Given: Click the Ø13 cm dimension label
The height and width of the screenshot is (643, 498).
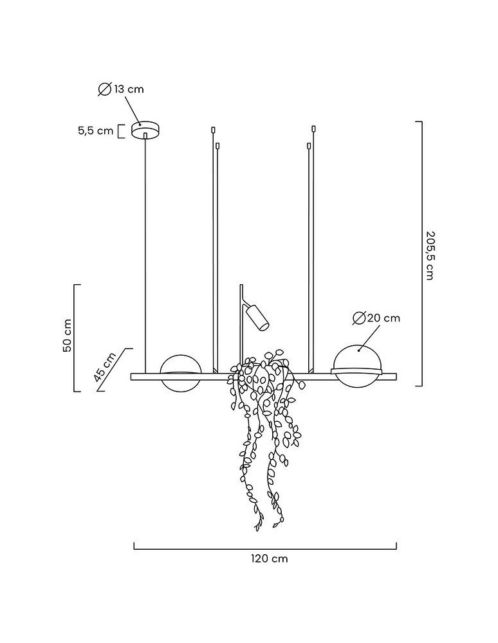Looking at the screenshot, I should [x=121, y=89].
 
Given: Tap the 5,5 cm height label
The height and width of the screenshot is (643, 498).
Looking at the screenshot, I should [x=95, y=131].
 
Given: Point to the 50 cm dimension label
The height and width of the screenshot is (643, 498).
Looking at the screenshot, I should [x=66, y=336].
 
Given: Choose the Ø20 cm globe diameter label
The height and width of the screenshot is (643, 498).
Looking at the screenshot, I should [x=377, y=318].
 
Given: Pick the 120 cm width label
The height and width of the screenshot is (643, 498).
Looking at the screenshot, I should [x=270, y=558].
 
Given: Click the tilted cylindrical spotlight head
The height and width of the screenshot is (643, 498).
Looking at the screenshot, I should [x=255, y=318].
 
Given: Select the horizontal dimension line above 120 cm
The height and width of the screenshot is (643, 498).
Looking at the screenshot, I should [x=265, y=548].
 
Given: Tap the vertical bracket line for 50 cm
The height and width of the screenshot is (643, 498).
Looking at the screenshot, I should [x=75, y=338].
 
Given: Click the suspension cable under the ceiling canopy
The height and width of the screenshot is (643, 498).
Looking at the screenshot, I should [x=146, y=257].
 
